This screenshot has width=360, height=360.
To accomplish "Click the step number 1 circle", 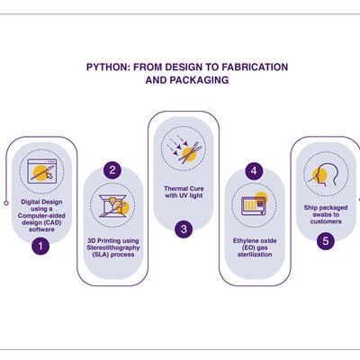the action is (40, 247).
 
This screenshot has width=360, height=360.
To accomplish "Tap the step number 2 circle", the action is (112, 170).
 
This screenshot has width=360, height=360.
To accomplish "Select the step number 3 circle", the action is (184, 229).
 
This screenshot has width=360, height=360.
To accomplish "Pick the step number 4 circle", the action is (254, 171).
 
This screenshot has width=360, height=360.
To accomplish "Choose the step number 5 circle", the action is (326, 240).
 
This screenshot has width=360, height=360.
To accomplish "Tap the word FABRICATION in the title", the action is (255, 67).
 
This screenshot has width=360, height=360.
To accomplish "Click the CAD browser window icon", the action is (41, 171).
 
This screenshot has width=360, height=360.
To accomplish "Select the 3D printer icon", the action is (113, 206).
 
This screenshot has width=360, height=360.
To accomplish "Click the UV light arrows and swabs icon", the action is (183, 148).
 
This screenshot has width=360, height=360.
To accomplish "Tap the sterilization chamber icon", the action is (255, 204).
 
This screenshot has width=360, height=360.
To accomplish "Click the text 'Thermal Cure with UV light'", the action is (184, 192).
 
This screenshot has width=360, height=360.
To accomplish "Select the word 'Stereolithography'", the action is (113, 247).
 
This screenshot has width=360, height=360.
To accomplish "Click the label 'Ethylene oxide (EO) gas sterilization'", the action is (255, 247).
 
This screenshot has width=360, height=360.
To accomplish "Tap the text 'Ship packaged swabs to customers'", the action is (326, 214).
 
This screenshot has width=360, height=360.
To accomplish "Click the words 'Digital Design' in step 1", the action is (41, 202).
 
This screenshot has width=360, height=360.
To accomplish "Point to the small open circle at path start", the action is (6, 203).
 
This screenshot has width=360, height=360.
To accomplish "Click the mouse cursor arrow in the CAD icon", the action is (49, 175).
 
